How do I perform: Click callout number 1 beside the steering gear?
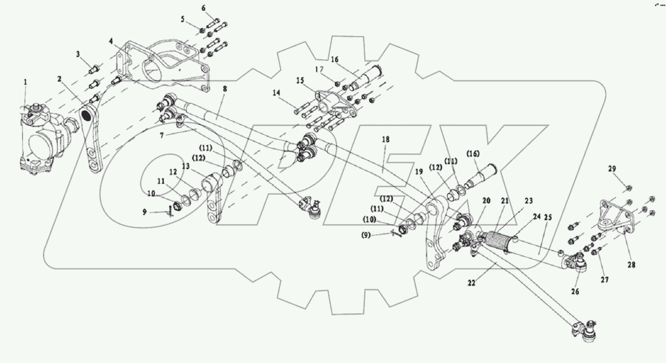click(x=25, y=81)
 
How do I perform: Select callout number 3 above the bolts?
click(x=78, y=54)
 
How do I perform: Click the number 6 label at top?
click(x=204, y=8)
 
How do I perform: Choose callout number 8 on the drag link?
click(x=225, y=89)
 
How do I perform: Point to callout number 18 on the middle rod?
click(x=385, y=140)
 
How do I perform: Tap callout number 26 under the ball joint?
click(x=575, y=291)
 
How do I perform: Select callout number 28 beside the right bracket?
click(x=632, y=265)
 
